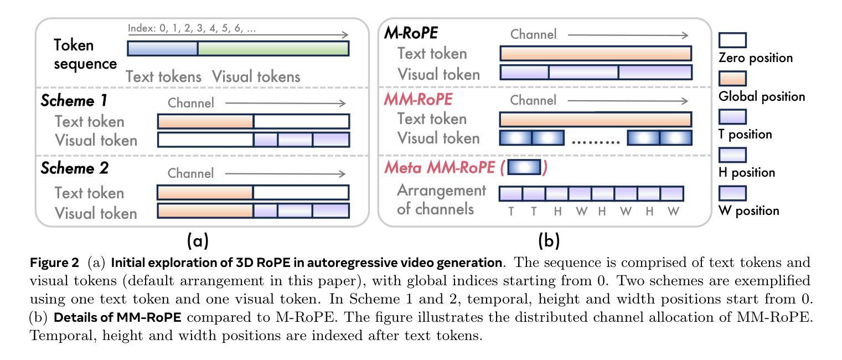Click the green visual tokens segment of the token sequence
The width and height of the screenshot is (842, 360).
click(x=273, y=49)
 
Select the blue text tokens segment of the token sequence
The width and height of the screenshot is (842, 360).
click(x=163, y=49)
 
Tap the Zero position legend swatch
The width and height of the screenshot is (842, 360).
click(x=732, y=40)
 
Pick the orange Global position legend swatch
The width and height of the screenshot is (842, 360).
click(x=732, y=79)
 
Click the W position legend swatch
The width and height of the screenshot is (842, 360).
click(x=732, y=193)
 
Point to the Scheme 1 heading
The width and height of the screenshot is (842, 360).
click(x=74, y=101)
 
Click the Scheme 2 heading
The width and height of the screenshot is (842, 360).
click(x=75, y=168)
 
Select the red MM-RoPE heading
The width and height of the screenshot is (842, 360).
click(x=418, y=99)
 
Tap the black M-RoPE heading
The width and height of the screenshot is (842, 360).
click(x=411, y=33)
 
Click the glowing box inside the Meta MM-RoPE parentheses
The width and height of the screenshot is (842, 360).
click(x=524, y=167)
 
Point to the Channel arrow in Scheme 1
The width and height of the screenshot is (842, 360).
click(x=285, y=103)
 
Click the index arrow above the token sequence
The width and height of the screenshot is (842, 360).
click(x=238, y=35)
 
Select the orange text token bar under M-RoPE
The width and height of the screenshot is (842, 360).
click(x=596, y=53)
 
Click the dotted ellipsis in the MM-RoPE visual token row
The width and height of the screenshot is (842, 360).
click(x=596, y=142)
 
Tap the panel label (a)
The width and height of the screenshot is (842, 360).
click(x=198, y=240)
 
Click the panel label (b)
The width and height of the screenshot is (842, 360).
click(x=549, y=240)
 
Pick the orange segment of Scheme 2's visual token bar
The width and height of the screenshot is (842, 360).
click(x=205, y=210)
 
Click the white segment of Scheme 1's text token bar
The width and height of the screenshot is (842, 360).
click(x=302, y=121)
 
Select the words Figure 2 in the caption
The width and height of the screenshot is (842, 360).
click(x=54, y=262)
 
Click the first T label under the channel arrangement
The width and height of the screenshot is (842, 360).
click(x=511, y=212)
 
